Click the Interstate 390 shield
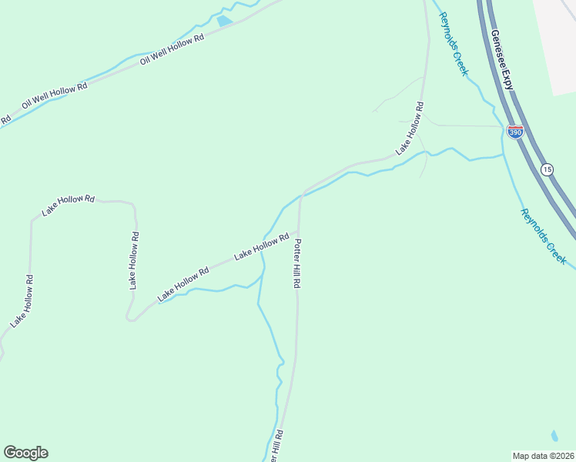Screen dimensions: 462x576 click(515, 132)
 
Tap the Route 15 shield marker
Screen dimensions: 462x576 click(547, 169)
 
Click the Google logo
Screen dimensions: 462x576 click(25, 453)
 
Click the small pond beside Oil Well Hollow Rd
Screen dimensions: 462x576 click(224, 21)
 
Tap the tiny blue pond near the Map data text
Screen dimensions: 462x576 click(554, 436)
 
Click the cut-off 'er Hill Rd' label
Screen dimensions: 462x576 click(277, 447)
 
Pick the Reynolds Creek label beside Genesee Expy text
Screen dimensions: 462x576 click(453, 43)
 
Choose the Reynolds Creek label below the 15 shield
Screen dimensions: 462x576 click(543, 237)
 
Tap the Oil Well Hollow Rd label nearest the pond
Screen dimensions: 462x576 click(172, 49)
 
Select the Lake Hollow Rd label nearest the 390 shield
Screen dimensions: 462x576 click(410, 128)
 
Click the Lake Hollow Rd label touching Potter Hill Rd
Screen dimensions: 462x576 click(261, 246)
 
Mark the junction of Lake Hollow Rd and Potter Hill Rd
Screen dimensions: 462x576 click(299, 229)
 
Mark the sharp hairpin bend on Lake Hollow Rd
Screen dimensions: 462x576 click(129, 317)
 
